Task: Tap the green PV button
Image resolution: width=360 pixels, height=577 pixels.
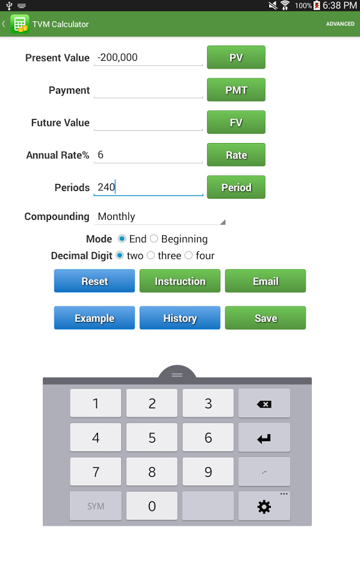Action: point(236,58)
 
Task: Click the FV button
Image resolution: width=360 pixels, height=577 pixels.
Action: point(236,122)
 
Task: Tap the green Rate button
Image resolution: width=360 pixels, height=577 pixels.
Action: point(236,155)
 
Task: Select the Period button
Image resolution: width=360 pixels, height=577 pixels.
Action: point(236,187)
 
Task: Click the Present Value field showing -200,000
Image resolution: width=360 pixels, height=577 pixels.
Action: point(148,58)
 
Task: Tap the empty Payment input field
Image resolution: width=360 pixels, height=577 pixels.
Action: point(148,90)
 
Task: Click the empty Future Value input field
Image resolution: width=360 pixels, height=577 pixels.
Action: point(148,122)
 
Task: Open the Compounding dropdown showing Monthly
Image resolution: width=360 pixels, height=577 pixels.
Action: point(160,217)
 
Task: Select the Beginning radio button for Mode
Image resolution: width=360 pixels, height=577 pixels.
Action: point(154,239)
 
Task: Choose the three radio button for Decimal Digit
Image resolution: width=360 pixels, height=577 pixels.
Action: point(151,255)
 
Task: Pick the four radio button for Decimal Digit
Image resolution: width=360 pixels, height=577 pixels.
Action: point(188,255)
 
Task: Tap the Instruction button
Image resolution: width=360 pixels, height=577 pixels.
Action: point(180,281)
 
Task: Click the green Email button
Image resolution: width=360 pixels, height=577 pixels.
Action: point(265,281)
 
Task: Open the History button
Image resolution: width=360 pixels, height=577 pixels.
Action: point(180,318)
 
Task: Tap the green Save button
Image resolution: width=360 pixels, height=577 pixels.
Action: point(265,318)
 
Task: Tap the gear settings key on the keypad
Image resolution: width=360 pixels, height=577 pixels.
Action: point(264,506)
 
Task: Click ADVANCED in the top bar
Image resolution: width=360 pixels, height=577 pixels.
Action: point(340,24)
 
